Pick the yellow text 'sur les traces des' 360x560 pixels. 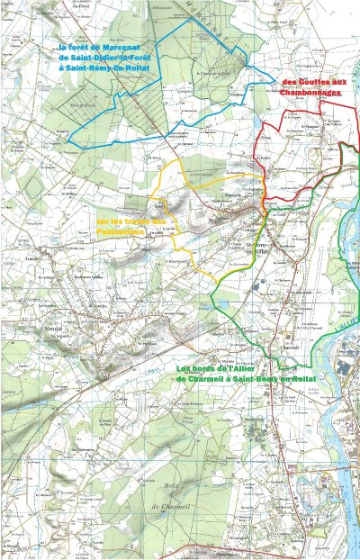(131, 221)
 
